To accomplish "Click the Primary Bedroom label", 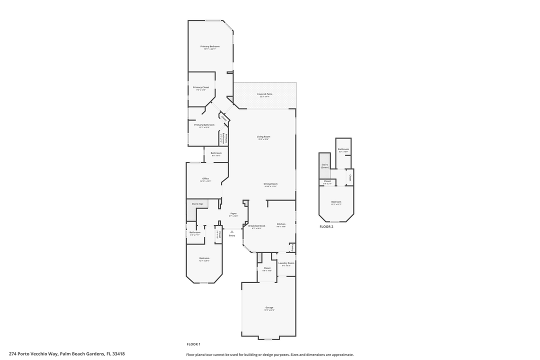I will (210, 46).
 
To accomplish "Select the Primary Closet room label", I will (201, 87).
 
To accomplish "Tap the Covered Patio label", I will (265, 94).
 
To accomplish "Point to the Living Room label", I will (263, 136).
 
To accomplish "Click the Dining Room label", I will (270, 184).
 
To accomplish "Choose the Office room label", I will (205, 178).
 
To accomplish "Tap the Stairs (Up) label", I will (197, 204).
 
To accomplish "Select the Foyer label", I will (233, 213).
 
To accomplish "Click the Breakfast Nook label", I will (257, 226).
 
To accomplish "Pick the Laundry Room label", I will (286, 263).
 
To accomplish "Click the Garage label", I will (269, 307).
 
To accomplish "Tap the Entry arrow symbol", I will (232, 231).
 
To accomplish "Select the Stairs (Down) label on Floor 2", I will (324, 165).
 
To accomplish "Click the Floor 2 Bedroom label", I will (336, 202).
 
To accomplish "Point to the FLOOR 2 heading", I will (326, 226).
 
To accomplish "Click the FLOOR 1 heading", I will (193, 344).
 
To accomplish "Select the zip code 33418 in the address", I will (118, 354).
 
